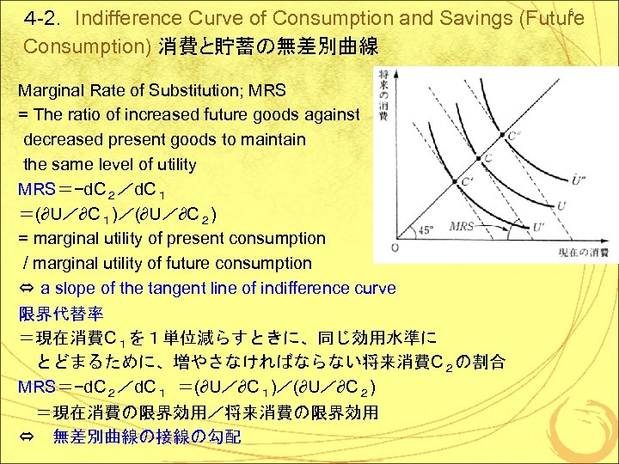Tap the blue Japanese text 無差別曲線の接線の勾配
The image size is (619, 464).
[x=147, y=437]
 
